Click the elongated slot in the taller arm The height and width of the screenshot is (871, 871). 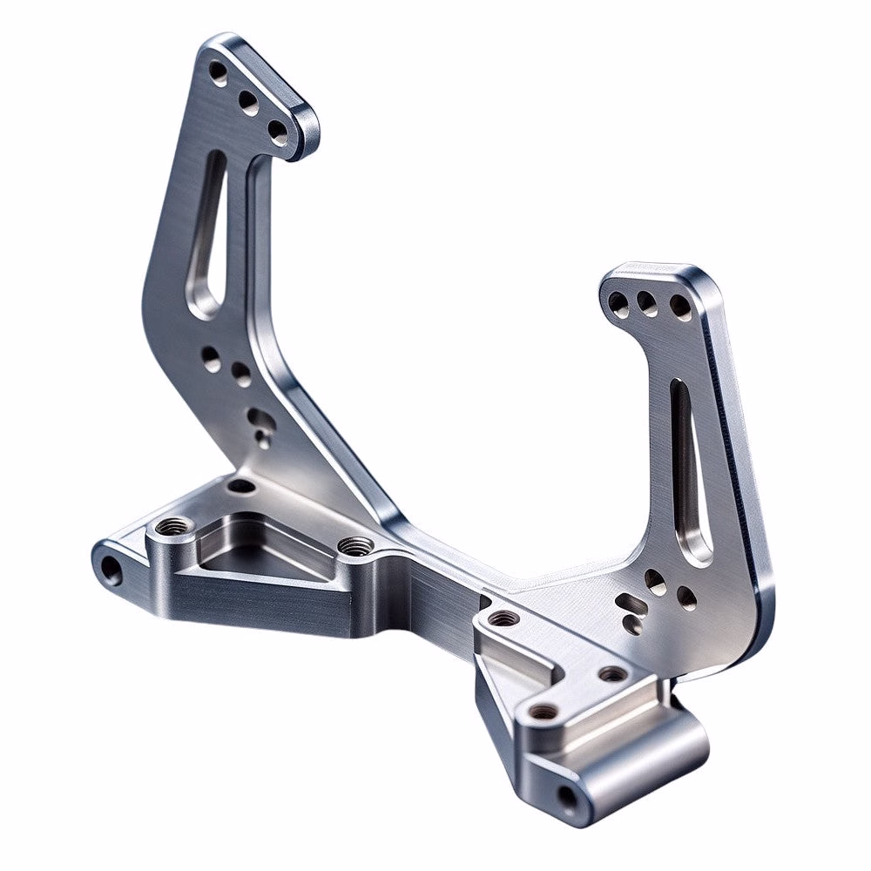(207, 233)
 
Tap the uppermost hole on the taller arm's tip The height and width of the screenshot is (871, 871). (218, 72)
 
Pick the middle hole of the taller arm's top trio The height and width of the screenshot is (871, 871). (248, 104)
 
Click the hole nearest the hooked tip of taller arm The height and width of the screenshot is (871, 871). (277, 132)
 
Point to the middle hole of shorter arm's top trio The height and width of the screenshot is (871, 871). (646, 302)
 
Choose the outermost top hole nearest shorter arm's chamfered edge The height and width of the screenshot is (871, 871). (679, 307)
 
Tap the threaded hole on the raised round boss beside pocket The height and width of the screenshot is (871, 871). (172, 526)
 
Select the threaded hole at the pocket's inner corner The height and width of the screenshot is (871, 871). (354, 546)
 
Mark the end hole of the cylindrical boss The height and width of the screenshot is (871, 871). (567, 796)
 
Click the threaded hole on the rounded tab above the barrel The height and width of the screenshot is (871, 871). (544, 711)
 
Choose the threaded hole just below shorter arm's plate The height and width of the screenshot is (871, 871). (612, 673)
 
